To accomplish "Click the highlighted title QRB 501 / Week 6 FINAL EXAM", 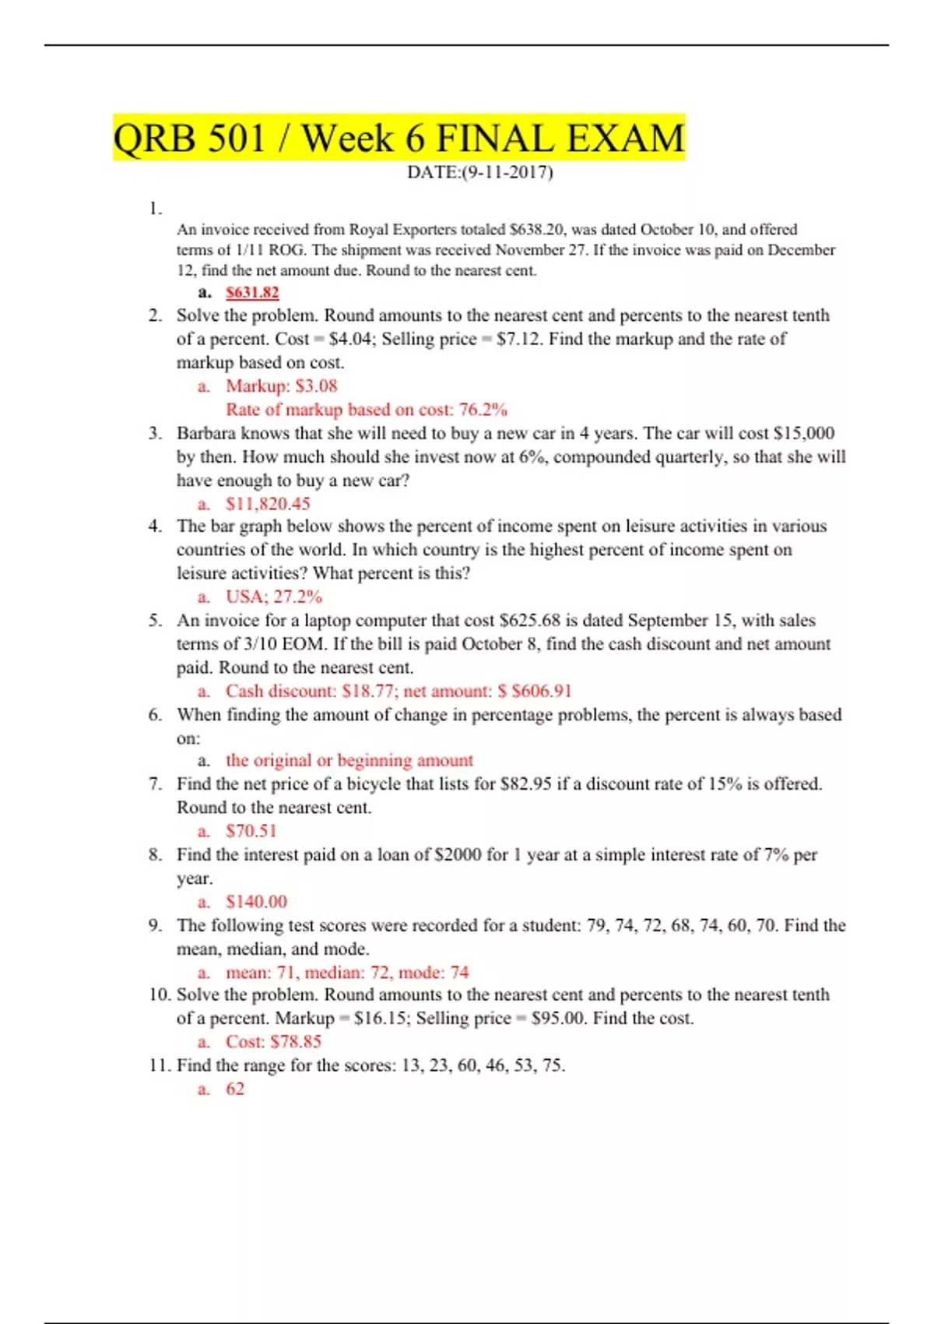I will [x=399, y=139].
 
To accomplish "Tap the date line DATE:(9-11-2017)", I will [x=479, y=172].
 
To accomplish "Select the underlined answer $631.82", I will [x=252, y=293].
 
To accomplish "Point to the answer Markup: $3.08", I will [x=282, y=386].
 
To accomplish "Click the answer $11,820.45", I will [x=268, y=504].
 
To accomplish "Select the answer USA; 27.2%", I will [x=274, y=597].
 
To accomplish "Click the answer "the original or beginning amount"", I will [x=349, y=761].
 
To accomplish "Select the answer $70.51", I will [x=251, y=832].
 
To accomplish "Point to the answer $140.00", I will [x=257, y=902].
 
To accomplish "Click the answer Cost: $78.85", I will [x=273, y=1042].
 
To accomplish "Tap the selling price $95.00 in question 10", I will [x=557, y=1019].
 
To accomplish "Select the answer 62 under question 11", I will [x=235, y=1090].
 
